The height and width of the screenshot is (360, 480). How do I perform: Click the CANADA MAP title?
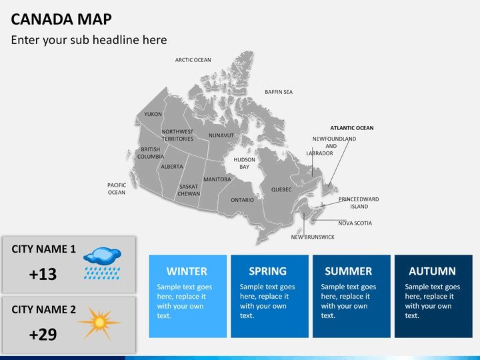click(x=61, y=19)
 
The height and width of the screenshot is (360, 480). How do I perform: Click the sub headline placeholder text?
click(x=89, y=40)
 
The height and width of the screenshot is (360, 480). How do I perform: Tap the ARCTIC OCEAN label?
click(x=193, y=60)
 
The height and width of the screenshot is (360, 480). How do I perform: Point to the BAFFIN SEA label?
click(x=279, y=92)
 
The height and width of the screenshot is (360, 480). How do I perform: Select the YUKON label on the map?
click(x=153, y=114)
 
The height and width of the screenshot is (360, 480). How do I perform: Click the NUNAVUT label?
click(x=221, y=135)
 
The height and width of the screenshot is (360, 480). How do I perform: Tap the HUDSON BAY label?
click(x=244, y=163)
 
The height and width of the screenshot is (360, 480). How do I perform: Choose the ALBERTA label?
click(x=172, y=167)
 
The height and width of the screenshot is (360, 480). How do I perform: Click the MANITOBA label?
click(x=217, y=179)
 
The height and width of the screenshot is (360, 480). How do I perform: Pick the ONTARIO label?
click(x=242, y=200)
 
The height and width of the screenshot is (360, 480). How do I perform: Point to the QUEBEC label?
click(x=281, y=190)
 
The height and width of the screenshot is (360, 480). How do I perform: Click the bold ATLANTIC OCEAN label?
click(x=352, y=128)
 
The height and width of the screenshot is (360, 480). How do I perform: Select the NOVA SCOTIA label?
click(x=355, y=223)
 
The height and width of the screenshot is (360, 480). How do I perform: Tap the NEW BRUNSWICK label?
click(x=313, y=237)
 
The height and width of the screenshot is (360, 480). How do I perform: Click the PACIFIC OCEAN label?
click(x=117, y=189)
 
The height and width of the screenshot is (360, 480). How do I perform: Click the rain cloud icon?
click(x=102, y=263)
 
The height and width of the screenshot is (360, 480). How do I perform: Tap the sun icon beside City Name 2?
click(x=99, y=323)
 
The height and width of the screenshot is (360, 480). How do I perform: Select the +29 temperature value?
click(x=43, y=335)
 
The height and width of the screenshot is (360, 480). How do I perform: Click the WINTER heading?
click(x=187, y=271)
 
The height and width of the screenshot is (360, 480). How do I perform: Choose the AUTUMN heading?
click(x=432, y=271)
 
